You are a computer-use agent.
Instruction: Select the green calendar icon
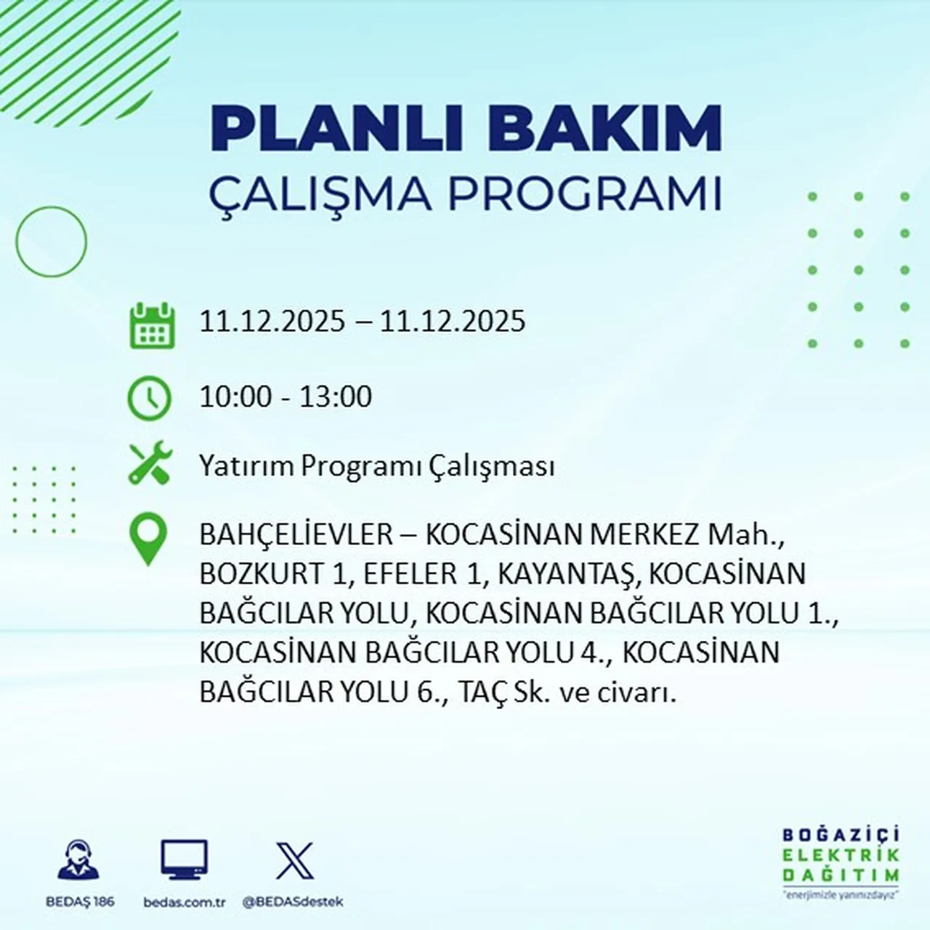(152, 325)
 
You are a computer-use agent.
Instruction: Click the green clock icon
(150, 398)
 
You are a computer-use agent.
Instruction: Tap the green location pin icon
(148, 539)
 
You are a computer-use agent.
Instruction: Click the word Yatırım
(247, 466)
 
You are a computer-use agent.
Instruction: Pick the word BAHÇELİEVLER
(296, 535)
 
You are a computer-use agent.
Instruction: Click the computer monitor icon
(184, 860)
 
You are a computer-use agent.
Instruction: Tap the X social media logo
(294, 861)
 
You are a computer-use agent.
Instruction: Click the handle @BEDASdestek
(292, 902)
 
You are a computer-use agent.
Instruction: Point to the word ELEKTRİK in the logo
(841, 855)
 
